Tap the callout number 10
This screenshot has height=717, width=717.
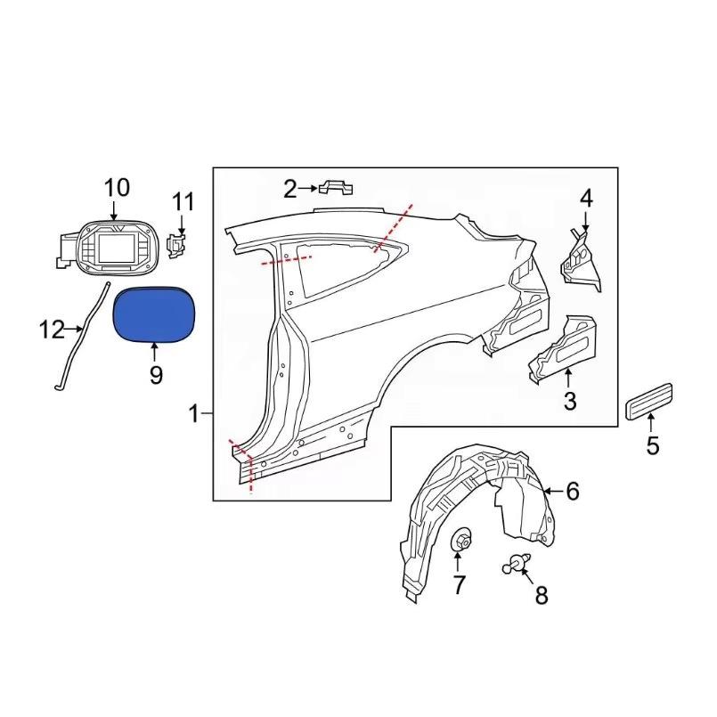point(117,188)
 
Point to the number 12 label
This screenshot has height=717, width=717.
point(52,330)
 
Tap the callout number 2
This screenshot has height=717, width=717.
point(290,189)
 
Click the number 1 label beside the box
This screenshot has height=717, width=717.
point(195,415)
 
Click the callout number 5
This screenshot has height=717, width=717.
point(653,445)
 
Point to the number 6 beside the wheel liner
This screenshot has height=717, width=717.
point(573,491)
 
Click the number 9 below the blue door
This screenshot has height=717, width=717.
point(156,375)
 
